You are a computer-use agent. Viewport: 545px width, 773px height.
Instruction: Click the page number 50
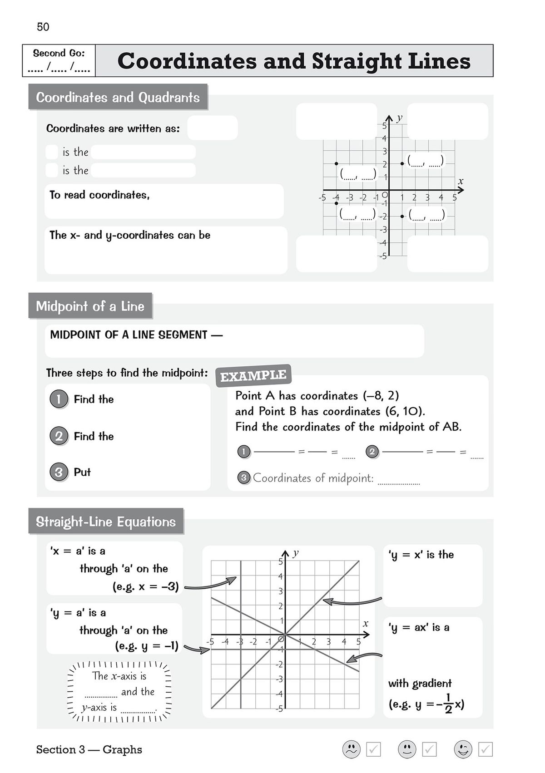pos(43,27)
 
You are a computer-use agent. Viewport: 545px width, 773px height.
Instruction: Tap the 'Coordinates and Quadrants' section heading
pos(118,97)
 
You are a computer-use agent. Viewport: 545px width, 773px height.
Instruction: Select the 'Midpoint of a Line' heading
pos(90,306)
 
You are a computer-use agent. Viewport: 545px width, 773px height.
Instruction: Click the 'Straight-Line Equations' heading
pos(105,522)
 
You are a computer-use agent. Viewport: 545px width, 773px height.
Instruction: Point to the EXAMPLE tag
pos(253,376)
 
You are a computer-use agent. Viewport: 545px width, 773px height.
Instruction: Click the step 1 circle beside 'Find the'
pos(59,399)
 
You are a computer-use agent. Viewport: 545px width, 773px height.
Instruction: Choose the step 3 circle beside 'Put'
pos(59,472)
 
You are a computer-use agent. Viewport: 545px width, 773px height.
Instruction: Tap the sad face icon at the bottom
pos(351,749)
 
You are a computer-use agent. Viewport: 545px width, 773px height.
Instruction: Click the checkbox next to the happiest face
pos(486,749)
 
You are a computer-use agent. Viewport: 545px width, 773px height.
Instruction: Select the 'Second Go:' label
pos(59,53)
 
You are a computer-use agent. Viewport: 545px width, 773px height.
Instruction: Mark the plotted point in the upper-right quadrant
pos(402,163)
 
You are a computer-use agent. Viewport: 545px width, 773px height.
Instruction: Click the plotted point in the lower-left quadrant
pos(336,203)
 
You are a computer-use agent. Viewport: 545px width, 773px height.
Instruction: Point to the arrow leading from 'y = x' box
pos(352,602)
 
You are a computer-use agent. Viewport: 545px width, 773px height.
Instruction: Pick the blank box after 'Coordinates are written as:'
pos(212,128)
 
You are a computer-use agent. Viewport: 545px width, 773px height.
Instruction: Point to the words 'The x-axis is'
pos(119,676)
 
